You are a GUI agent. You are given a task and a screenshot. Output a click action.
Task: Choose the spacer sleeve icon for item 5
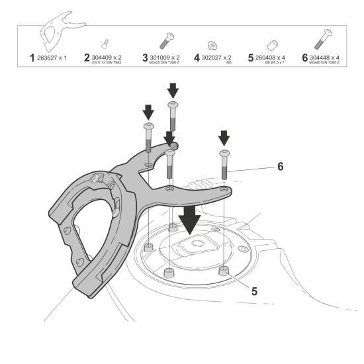[x=270, y=44]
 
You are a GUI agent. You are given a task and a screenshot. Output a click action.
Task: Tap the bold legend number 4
[x=197, y=58]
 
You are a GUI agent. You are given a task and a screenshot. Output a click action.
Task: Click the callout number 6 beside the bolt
[x=280, y=167]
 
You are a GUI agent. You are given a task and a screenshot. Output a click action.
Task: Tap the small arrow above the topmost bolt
[x=173, y=89]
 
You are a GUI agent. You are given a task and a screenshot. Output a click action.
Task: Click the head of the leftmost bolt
[x=148, y=126]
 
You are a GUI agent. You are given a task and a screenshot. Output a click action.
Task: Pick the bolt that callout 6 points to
[x=225, y=162]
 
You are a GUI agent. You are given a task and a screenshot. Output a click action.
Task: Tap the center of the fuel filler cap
[x=197, y=247]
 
